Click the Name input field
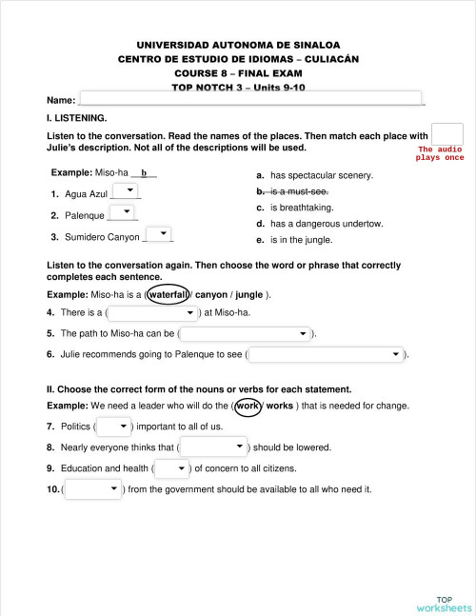click(x=249, y=98)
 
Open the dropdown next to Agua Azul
click(x=125, y=192)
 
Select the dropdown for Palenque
click(x=123, y=213)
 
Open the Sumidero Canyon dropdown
click(x=158, y=234)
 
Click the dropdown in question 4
click(x=153, y=312)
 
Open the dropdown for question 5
click(x=246, y=334)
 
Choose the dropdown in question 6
click(x=326, y=355)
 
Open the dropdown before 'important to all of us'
click(x=112, y=426)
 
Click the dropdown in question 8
click(x=213, y=447)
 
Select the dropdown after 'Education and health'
click(x=171, y=468)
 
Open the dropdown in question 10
click(x=92, y=489)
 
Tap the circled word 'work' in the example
click(x=248, y=406)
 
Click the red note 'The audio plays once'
click(x=440, y=153)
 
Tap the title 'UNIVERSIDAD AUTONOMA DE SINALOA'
click(x=238, y=45)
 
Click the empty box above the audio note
click(x=446, y=134)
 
